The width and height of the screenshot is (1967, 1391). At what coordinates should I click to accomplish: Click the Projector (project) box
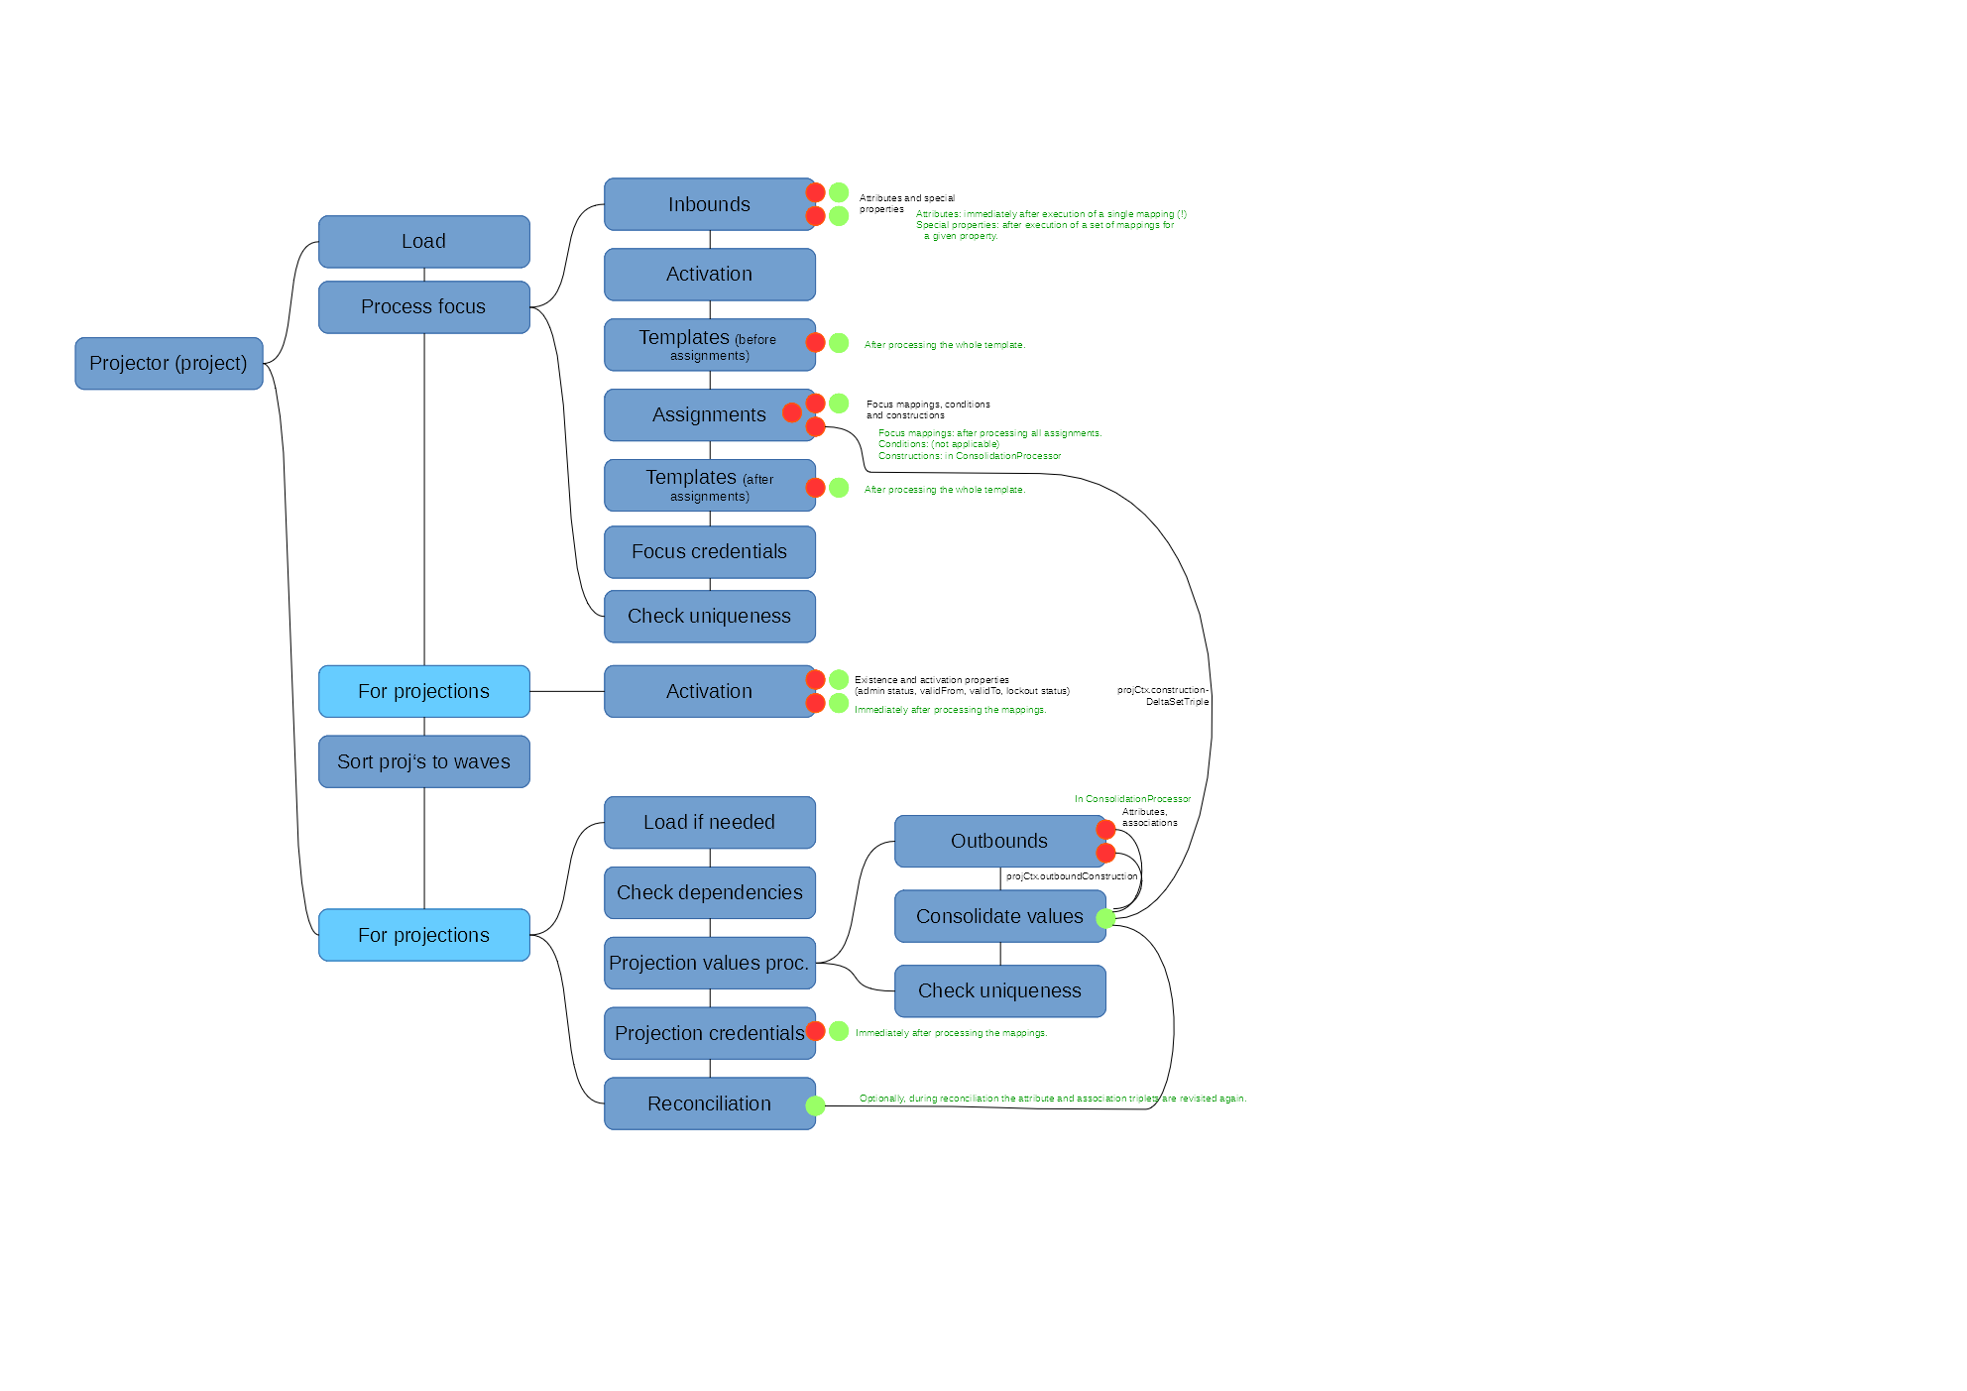[169, 364]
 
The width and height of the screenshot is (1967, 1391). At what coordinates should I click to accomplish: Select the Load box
[423, 242]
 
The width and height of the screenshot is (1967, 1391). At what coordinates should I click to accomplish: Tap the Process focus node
[423, 307]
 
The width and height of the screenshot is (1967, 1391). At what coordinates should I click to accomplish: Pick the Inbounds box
[709, 204]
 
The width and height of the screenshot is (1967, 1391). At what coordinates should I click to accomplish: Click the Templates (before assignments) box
[709, 345]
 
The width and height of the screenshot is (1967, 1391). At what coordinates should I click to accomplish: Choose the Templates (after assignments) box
[709, 485]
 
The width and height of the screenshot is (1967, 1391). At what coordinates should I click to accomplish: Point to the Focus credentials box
[709, 552]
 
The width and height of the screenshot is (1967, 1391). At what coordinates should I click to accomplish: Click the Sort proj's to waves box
[423, 761]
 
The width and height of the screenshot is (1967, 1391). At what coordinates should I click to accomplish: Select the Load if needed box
[709, 823]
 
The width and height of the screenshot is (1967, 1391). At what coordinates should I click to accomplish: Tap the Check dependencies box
[709, 893]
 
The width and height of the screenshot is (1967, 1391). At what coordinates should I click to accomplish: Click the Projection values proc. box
[709, 964]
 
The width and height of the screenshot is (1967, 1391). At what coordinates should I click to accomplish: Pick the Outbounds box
[998, 842]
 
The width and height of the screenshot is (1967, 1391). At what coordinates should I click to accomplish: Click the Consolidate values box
[998, 917]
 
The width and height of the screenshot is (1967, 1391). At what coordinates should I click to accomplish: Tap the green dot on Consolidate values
[1105, 919]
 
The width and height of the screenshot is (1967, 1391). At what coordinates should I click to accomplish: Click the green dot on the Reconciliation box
[815, 1105]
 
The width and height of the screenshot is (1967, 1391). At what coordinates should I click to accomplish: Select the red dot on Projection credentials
[815, 1031]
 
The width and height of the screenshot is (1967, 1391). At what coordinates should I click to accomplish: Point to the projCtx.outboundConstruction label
[1072, 876]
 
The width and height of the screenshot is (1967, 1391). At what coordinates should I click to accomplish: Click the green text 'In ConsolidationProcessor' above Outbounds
[1132, 799]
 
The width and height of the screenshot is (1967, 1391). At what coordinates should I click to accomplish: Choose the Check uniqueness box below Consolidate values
[998, 991]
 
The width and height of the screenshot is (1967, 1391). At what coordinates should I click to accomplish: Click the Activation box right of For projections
[709, 692]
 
